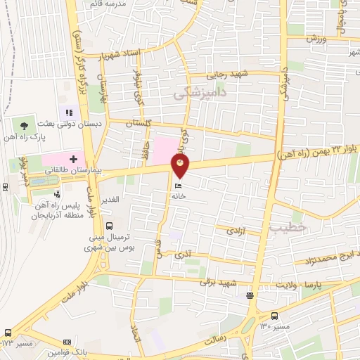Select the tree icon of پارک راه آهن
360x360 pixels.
tap(25, 125)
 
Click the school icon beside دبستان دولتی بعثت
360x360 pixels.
tap(70, 112)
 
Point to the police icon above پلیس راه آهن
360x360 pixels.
tap(57, 195)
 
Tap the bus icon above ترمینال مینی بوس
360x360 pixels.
tap(109, 226)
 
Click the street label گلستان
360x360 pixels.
tap(139, 123)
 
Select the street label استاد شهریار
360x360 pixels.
tap(120, 54)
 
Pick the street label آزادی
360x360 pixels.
tap(235, 230)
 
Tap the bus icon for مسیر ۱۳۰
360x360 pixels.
tap(274, 316)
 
